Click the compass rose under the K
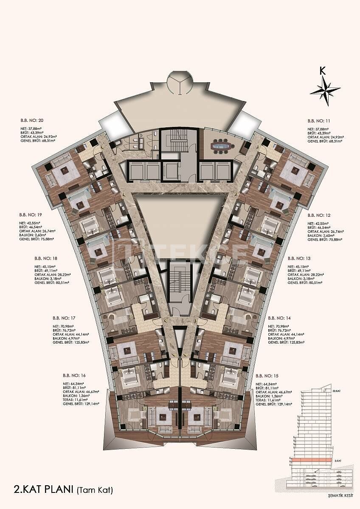325,90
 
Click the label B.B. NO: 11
318,120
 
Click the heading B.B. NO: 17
64,317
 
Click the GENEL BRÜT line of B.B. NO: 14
287,341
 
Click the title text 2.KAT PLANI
39,490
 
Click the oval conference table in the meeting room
222,147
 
